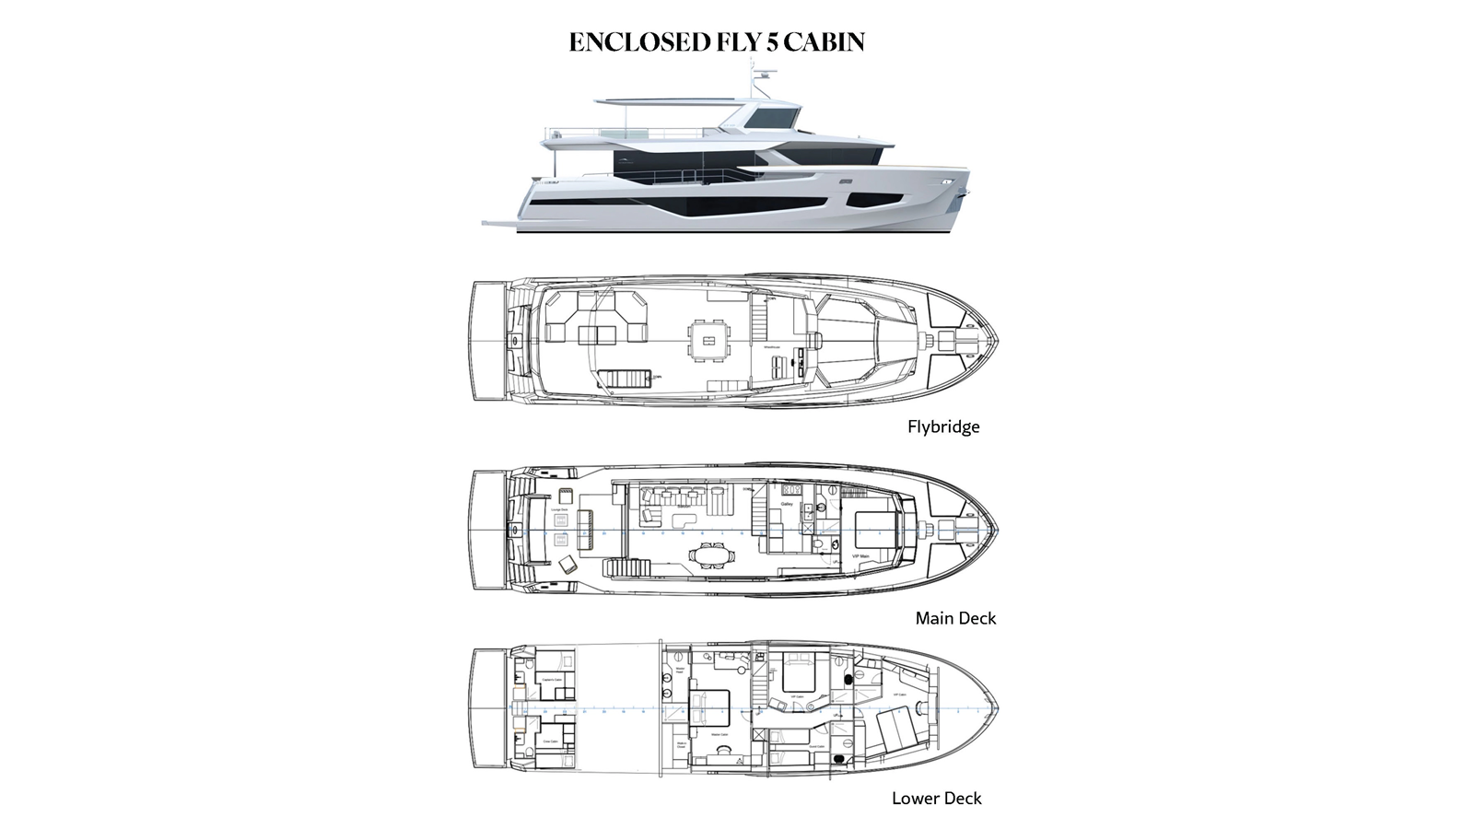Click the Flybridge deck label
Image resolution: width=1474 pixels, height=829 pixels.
pyautogui.click(x=943, y=426)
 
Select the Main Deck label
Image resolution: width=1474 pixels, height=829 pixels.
pyautogui.click(x=955, y=618)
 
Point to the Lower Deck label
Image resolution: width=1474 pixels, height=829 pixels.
pyautogui.click(x=936, y=799)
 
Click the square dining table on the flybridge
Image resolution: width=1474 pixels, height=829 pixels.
pyautogui.click(x=708, y=341)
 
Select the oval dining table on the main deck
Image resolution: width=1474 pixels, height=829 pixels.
pyautogui.click(x=710, y=555)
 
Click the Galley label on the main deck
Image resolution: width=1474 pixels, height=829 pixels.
pyautogui.click(x=787, y=505)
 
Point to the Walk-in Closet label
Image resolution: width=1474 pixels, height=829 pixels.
pyautogui.click(x=683, y=744)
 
